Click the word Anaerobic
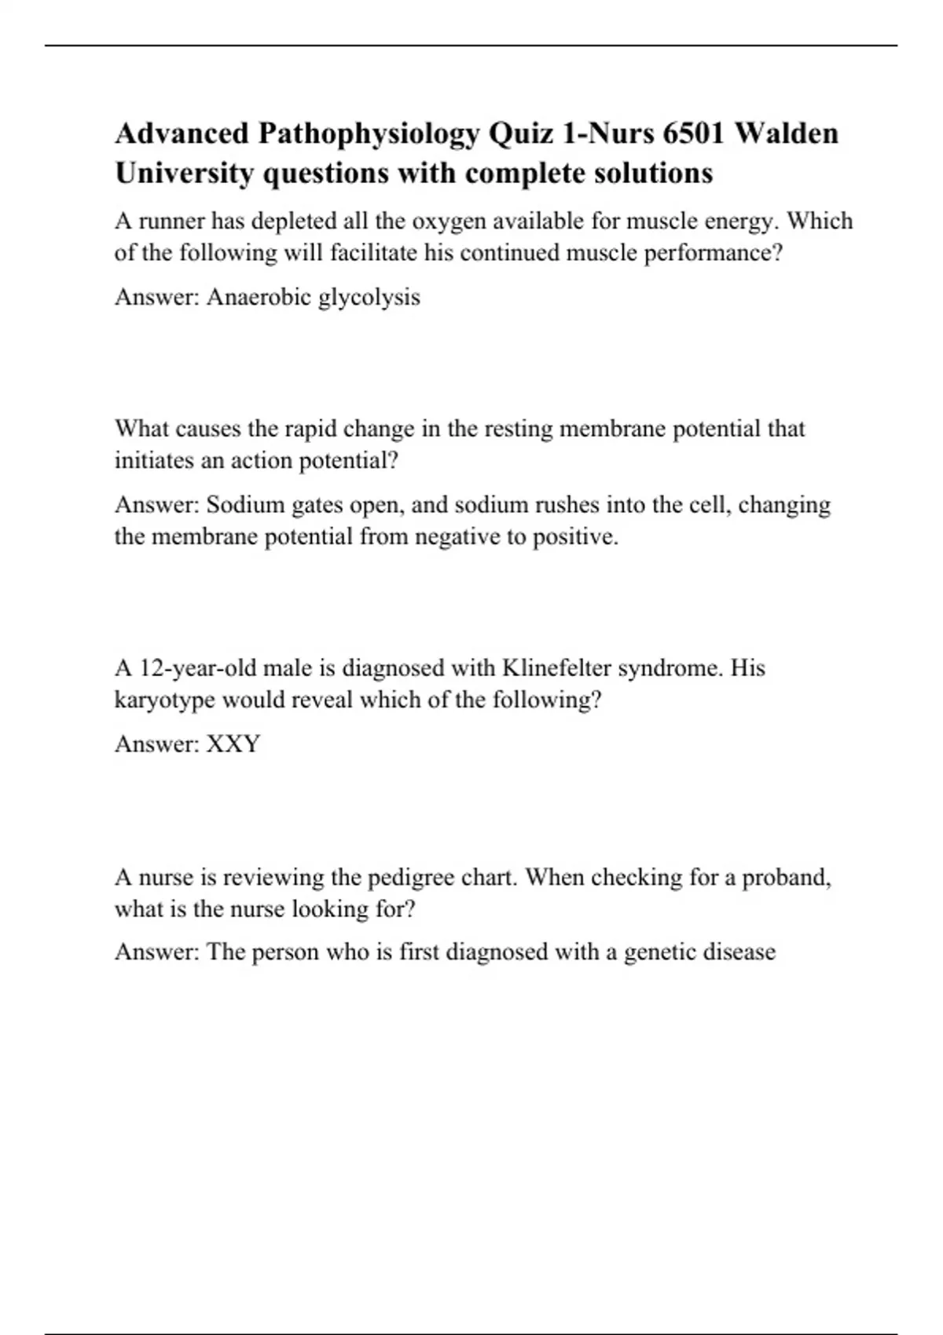tap(259, 297)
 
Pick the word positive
tap(575, 537)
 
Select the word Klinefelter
tap(556, 668)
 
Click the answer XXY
tap(233, 744)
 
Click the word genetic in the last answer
tap(658, 953)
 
